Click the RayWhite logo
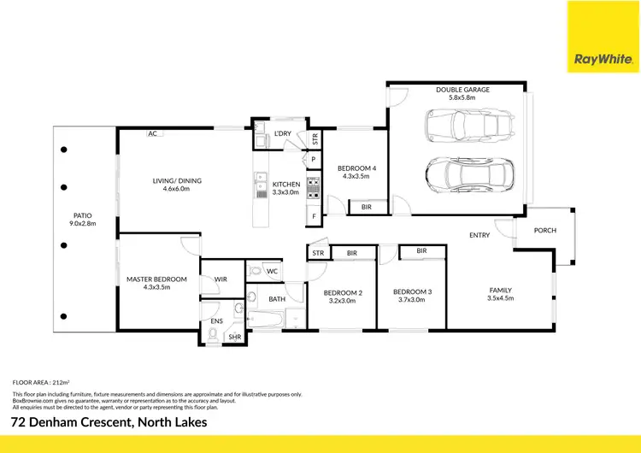pos(603,36)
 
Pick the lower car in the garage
pos(470,175)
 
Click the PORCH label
pos(544,230)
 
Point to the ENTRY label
pos(479,235)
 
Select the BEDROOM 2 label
pos(343,292)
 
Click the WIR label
pos(220,279)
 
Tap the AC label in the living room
pos(152,134)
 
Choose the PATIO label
pos(83,215)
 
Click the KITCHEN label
pos(286,185)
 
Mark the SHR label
pos(234,338)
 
